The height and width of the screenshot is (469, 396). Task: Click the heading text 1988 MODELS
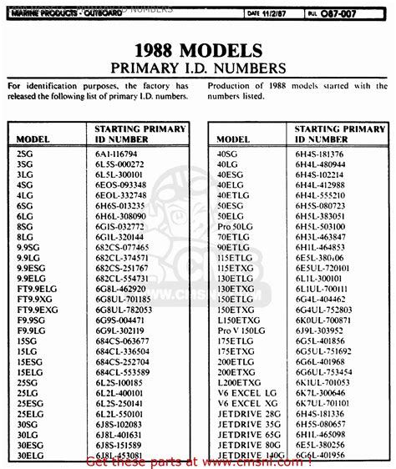(198, 49)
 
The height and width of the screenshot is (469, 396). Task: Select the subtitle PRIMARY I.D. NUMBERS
(197, 66)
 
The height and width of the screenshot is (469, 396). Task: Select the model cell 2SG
(26, 155)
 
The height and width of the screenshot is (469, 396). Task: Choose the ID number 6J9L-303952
(317, 330)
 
